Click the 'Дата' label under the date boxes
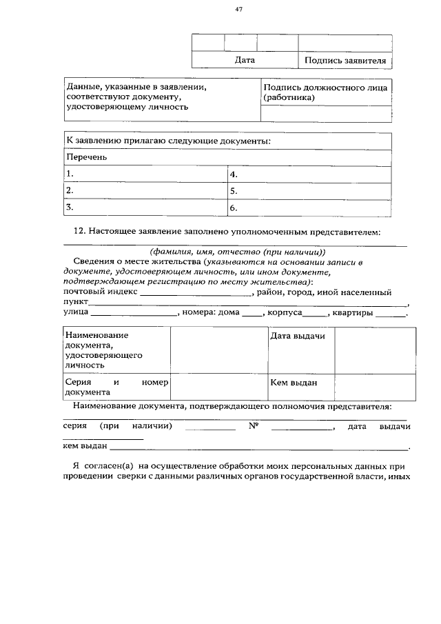(x=245, y=61)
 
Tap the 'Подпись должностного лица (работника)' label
(x=325, y=92)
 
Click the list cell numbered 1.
(x=145, y=174)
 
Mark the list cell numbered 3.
(x=145, y=207)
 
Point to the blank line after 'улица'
(x=134, y=314)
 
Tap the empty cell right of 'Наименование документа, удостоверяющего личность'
(x=218, y=350)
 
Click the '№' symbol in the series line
(x=253, y=427)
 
